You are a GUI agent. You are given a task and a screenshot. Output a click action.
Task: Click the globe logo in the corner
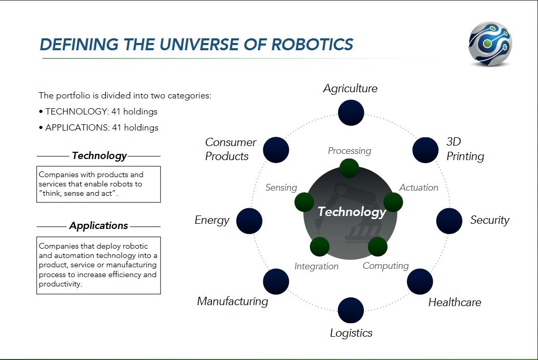(490, 44)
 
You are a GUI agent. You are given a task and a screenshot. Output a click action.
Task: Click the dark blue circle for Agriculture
(351, 113)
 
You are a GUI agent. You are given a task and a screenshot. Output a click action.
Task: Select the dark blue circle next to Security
(449, 221)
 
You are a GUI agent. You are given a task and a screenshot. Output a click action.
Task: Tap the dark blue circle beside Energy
(249, 221)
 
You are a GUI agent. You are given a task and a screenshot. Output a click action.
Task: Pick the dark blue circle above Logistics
(351, 310)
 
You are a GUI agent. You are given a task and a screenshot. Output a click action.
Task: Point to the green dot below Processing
(349, 168)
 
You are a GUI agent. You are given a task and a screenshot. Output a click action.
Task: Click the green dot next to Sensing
(304, 202)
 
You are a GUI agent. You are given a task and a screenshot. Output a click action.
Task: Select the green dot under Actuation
(393, 202)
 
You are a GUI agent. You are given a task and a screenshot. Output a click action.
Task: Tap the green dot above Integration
(319, 247)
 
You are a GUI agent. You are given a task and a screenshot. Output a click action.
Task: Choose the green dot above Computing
(377, 247)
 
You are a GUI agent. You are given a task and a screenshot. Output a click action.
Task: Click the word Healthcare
(455, 302)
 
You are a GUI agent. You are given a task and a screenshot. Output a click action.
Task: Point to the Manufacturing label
(233, 301)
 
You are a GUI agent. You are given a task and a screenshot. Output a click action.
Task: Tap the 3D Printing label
(465, 149)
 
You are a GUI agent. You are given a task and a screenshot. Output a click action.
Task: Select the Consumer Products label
(231, 149)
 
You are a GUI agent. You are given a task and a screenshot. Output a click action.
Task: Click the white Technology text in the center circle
(352, 212)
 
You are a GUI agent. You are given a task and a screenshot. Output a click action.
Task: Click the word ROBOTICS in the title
(312, 45)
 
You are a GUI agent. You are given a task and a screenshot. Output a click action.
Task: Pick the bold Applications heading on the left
(98, 226)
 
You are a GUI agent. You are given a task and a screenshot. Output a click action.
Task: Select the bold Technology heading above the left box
(99, 156)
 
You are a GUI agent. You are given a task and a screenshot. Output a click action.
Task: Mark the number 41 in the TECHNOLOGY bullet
(116, 111)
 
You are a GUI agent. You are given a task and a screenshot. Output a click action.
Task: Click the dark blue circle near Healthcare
(420, 281)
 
